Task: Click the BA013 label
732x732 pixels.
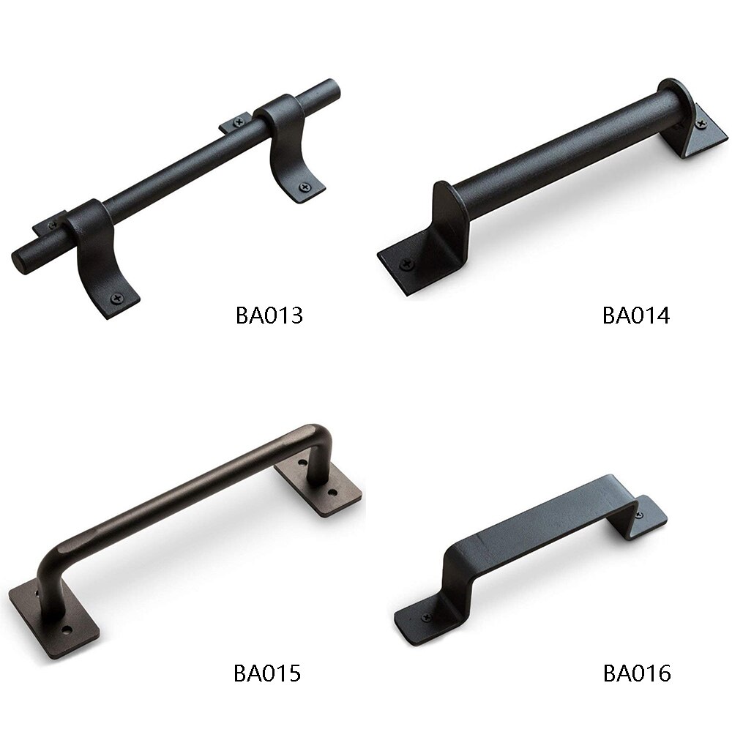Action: pyautogui.click(x=269, y=315)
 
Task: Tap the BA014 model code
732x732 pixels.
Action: pyautogui.click(x=636, y=315)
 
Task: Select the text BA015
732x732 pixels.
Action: pyautogui.click(x=267, y=673)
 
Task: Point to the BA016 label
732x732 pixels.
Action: pyautogui.click(x=637, y=673)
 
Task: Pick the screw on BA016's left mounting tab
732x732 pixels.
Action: pyautogui.click(x=426, y=617)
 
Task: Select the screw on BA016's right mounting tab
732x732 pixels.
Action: pyautogui.click(x=640, y=514)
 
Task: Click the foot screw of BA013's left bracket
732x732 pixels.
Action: pyautogui.click(x=116, y=298)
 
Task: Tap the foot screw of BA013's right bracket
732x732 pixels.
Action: pyautogui.click(x=305, y=187)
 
